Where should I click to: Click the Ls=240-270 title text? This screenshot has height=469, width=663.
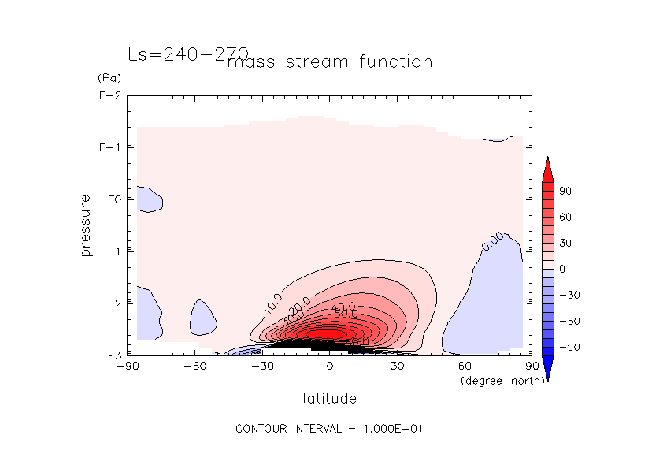pyautogui.click(x=188, y=54)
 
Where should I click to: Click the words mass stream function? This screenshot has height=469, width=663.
pyautogui.click(x=329, y=61)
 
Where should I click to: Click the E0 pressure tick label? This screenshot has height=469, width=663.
pyautogui.click(x=111, y=199)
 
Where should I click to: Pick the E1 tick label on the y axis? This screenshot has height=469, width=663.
pyautogui.click(x=111, y=251)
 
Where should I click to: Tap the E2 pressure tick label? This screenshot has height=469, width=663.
pyautogui.click(x=111, y=303)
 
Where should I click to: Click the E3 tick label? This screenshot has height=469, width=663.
pyautogui.click(x=111, y=355)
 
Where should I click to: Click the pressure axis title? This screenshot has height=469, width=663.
pyautogui.click(x=87, y=225)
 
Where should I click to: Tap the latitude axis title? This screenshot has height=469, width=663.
pyautogui.click(x=329, y=399)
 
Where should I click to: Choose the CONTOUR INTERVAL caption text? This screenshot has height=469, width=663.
pyautogui.click(x=331, y=429)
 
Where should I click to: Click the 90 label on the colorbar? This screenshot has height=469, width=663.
pyautogui.click(x=565, y=192)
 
